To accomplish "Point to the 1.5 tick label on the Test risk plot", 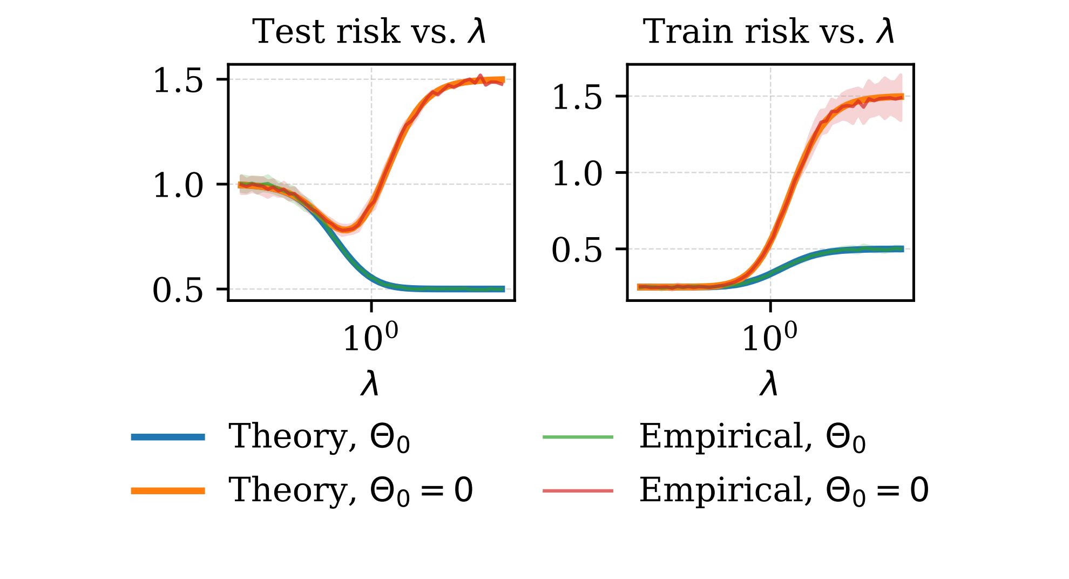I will (178, 81).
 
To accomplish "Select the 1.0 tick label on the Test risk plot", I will (178, 185).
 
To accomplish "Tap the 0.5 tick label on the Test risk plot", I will (178, 291).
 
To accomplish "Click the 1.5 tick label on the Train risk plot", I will (577, 98).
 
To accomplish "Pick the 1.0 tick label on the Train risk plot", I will (577, 174).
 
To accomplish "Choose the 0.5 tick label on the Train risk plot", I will (577, 251).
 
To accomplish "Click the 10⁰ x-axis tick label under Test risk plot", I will (370, 338).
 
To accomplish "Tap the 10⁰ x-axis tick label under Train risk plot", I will (769, 338).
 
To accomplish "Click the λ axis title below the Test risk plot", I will (370, 384).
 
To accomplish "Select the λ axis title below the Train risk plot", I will (769, 384).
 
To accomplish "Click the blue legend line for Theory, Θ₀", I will (168, 437).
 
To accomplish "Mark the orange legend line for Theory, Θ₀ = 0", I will (168, 490).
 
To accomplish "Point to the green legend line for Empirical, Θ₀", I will (578, 437).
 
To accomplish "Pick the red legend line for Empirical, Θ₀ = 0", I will (578, 490).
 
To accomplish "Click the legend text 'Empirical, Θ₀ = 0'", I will (783, 490).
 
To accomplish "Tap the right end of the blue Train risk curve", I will (902, 249).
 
